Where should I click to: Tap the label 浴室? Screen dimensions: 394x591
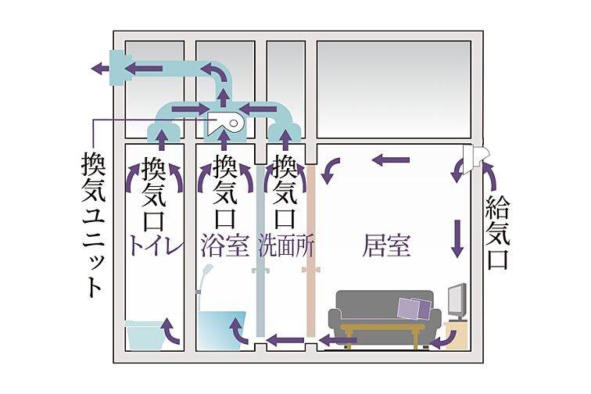pyautogui.click(x=224, y=246)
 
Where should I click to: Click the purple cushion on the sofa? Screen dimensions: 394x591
pyautogui.click(x=414, y=308)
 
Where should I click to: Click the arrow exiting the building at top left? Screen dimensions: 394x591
pyautogui.click(x=100, y=69)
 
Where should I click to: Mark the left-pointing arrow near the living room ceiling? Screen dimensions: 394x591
pyautogui.click(x=391, y=160)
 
